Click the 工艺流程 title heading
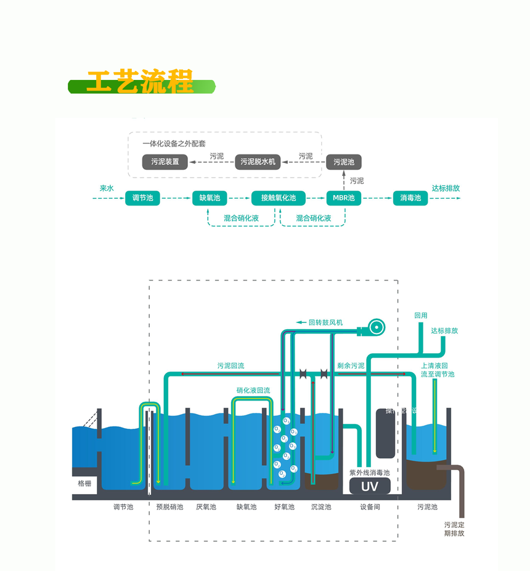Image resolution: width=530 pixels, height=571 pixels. [x=141, y=82]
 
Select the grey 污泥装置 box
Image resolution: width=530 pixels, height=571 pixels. [x=165, y=162]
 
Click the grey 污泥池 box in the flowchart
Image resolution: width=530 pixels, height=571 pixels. [x=344, y=162]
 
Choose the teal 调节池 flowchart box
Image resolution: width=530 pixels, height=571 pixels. [x=142, y=198]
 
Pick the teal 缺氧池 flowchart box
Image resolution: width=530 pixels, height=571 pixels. [x=210, y=198]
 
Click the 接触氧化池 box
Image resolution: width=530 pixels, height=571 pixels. [x=279, y=198]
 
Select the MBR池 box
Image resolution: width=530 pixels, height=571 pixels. [x=344, y=198]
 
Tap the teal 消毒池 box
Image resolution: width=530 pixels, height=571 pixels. [x=410, y=198]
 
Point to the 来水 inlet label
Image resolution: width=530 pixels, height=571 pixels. [x=107, y=188]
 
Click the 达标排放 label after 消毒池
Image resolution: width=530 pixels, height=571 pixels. [x=446, y=188]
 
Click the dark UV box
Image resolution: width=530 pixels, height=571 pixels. [x=370, y=486]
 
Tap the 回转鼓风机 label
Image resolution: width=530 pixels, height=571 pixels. [x=325, y=322]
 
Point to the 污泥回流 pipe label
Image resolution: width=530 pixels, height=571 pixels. [x=230, y=365]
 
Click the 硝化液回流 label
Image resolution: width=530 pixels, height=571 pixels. [x=253, y=390]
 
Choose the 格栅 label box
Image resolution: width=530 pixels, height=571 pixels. [x=84, y=484]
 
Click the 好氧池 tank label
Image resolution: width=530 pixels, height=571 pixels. [x=284, y=507]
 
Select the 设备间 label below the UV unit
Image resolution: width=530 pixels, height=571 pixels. [x=370, y=507]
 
